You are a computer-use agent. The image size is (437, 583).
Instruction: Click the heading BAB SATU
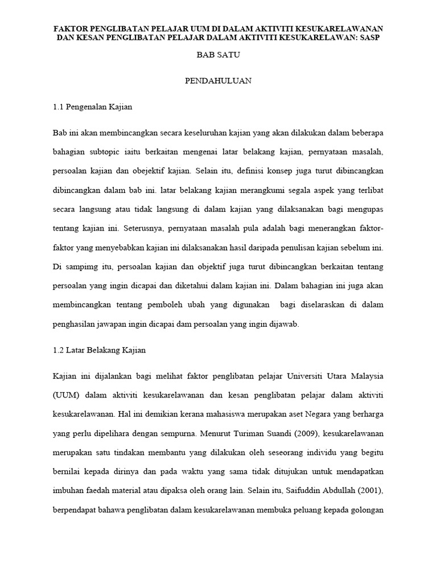click(218, 55)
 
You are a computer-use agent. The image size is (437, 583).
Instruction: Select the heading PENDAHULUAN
click(218, 81)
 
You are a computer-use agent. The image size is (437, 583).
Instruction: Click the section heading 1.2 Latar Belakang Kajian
click(99, 350)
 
